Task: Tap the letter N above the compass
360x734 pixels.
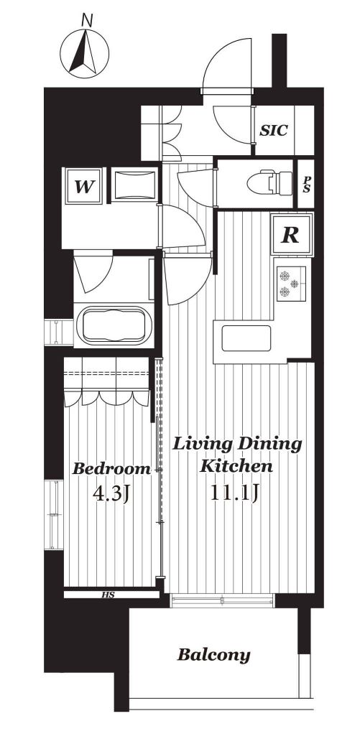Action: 87,19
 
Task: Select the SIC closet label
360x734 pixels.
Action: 273,130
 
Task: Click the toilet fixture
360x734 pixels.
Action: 269,182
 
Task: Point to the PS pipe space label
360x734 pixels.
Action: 305,184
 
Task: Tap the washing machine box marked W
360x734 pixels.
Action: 84,186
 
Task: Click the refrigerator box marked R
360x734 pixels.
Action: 291,235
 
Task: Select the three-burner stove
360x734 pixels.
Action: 291,283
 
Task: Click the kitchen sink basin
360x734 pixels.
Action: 246,338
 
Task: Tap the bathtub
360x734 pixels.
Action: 114,325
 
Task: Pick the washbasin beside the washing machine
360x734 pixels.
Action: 134,185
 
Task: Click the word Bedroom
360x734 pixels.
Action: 111,468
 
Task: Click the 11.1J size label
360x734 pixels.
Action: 234,493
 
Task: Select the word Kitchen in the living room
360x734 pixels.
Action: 236,466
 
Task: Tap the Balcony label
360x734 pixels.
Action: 213,654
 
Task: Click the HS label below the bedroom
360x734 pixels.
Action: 108,595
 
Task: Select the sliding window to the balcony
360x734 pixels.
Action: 222,600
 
